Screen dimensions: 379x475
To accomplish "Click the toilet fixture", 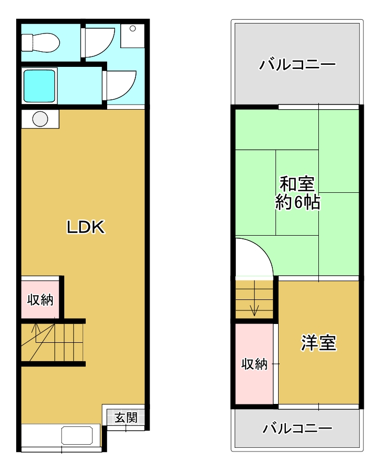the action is pos(40,42).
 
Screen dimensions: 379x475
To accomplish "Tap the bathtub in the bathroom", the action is pos(39,86).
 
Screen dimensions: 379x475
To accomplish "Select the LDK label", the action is pos(86,227).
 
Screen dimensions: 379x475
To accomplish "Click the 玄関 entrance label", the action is pos(126,418).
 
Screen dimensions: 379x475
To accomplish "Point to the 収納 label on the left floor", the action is pos(40,300).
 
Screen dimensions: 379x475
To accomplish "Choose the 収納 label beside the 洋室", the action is pos(255,364).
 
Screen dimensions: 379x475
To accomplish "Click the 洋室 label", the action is pos(318,343).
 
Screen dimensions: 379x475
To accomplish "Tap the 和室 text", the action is pos(297,183).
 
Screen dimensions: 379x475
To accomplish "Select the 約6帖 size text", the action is pos(297,202).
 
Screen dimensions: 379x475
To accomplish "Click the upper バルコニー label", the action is pos(297,64).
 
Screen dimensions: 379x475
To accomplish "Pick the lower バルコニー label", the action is pos(297,428).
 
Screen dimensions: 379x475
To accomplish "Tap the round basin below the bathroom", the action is pos(40,119).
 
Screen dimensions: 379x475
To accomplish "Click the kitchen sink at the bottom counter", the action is pos(77,435).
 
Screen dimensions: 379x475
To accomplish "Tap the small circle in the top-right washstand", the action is pos(132,29).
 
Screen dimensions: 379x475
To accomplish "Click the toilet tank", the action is pos(27,42).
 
